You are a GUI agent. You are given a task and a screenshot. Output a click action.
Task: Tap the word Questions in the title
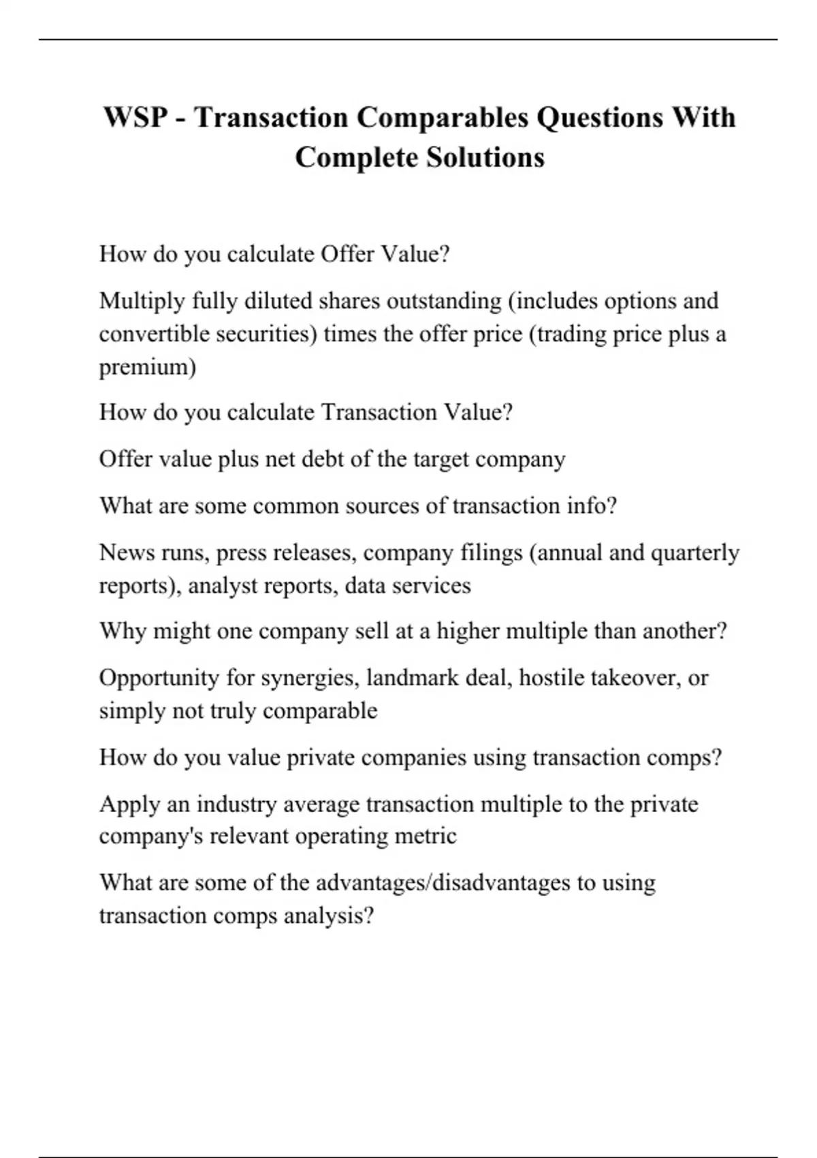(599, 117)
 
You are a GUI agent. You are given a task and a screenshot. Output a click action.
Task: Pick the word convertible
(154, 334)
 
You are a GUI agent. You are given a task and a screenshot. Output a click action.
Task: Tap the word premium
(147, 367)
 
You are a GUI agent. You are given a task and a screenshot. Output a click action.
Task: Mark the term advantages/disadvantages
(443, 883)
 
